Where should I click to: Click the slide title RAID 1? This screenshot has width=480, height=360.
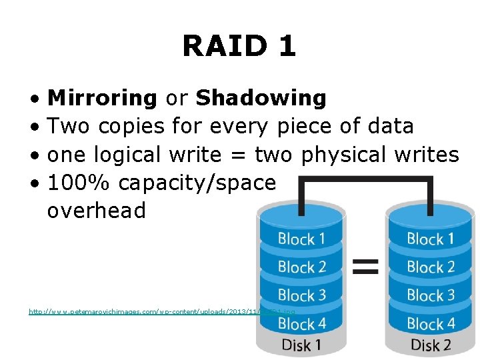coord(239,47)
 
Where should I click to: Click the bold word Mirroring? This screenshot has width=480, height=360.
coord(102,98)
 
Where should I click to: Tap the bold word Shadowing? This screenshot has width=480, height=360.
coord(261,98)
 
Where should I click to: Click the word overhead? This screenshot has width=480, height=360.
coord(96,211)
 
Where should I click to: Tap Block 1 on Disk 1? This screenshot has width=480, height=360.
coord(301,239)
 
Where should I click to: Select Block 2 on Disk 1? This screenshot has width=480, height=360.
coord(301,267)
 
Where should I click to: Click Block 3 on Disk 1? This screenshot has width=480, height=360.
coord(301,295)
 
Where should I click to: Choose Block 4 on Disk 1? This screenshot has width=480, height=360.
coord(301,324)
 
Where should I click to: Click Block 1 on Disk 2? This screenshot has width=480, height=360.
coord(430,239)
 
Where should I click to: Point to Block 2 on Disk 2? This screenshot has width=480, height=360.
coord(430,267)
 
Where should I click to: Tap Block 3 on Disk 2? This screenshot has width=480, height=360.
coord(430,295)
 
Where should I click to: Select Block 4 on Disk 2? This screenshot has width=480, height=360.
coord(430,324)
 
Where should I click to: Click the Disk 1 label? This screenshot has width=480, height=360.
coord(301,345)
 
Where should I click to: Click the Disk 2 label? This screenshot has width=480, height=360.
coord(430,345)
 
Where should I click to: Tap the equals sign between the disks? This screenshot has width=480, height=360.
coord(365,267)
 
